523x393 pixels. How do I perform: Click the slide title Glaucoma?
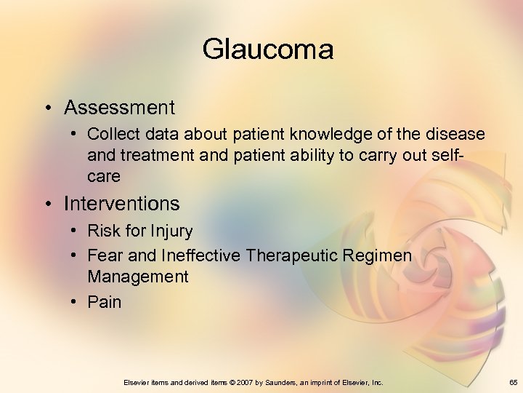tap(268, 49)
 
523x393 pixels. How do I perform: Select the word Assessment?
tap(119, 108)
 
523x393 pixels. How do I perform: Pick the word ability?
tap(355, 155)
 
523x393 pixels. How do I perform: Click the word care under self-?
tap(104, 176)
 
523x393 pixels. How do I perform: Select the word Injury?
tap(171, 231)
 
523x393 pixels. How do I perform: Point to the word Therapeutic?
tap(291, 255)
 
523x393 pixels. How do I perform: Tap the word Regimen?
tap(377, 255)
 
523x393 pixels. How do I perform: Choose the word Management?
tap(137, 277)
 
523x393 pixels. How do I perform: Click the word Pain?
tap(105, 301)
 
